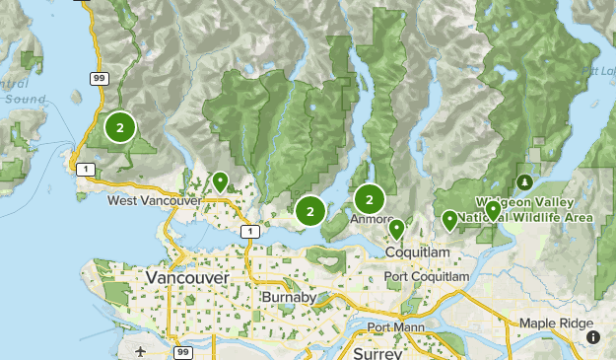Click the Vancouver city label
186,279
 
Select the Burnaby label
289,297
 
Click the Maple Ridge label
557,324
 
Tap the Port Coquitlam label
427,277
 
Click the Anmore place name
372,219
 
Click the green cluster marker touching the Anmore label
370,198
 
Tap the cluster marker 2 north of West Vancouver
120,127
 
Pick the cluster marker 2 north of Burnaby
310,210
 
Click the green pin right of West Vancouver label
220,181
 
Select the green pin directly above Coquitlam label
396,229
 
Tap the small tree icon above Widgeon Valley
524,182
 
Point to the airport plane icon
142,350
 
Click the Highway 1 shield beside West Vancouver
88,171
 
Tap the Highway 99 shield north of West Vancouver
100,77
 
